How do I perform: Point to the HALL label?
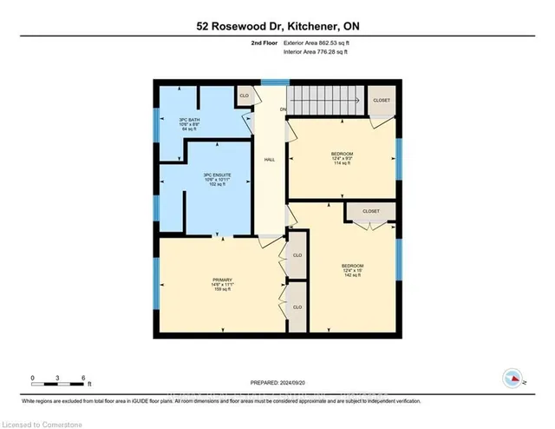pyautogui.click(x=270, y=161)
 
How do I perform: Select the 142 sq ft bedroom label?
pyautogui.click(x=352, y=269)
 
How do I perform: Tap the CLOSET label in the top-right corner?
pyautogui.click(x=382, y=100)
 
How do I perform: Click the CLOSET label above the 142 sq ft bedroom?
pyautogui.click(x=371, y=211)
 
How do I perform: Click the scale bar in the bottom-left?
pyautogui.click(x=58, y=379)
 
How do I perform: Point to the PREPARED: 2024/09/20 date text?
pyautogui.click(x=277, y=379)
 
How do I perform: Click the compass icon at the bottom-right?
pyautogui.click(x=512, y=378)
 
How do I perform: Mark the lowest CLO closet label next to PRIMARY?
pyautogui.click(x=297, y=307)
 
